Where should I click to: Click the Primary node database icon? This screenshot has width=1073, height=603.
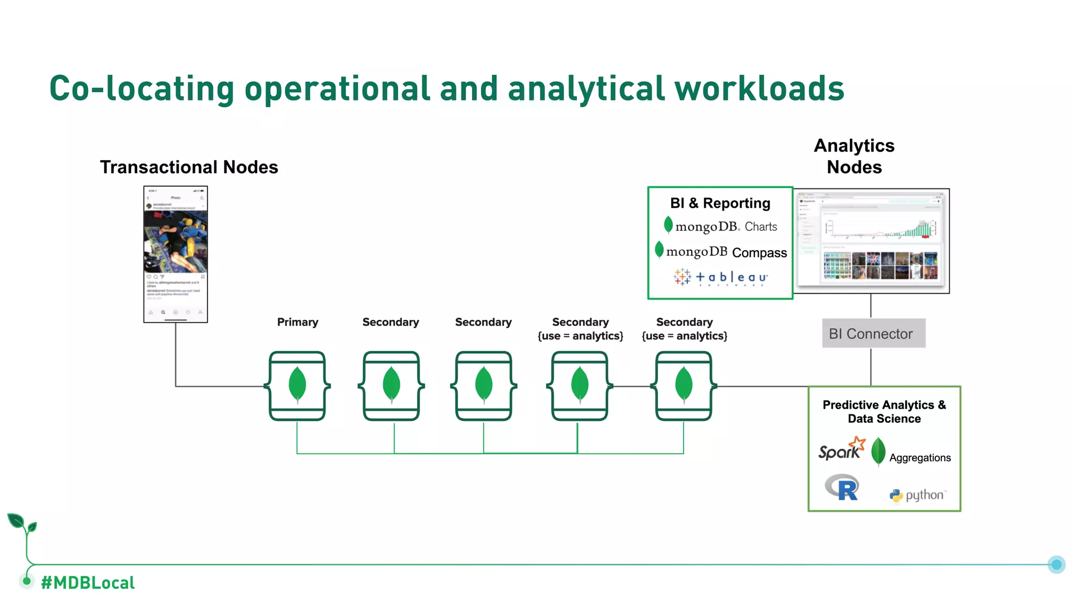click(297, 386)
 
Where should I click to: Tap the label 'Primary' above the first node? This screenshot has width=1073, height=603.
click(298, 322)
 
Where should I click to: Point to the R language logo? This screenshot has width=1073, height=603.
click(842, 487)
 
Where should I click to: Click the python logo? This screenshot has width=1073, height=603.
click(918, 495)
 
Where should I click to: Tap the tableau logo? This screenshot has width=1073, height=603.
click(720, 277)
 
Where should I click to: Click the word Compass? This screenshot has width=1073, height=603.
click(759, 253)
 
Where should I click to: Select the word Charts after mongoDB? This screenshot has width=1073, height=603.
click(761, 227)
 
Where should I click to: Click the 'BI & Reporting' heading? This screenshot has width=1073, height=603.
click(720, 203)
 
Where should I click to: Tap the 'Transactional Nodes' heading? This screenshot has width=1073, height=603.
click(189, 167)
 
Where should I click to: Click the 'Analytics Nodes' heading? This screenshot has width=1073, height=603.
click(854, 156)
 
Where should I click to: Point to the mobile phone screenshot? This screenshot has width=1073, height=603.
click(176, 254)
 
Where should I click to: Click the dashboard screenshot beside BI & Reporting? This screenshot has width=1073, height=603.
click(871, 241)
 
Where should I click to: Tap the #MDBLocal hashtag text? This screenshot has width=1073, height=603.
click(87, 583)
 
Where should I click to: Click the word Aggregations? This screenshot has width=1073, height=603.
click(919, 457)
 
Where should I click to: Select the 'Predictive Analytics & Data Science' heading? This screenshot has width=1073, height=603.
click(884, 411)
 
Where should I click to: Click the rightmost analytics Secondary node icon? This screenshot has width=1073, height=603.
click(684, 386)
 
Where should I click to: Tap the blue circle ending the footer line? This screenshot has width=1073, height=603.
click(1056, 564)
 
